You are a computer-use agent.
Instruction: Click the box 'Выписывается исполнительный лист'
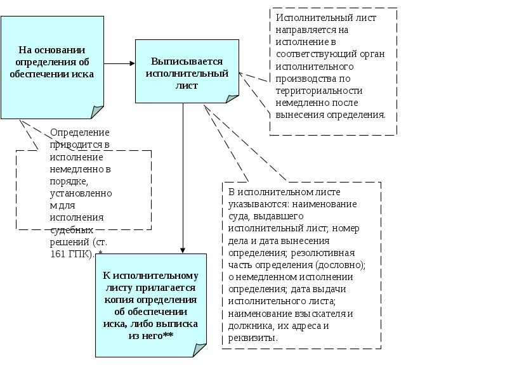click(187, 71)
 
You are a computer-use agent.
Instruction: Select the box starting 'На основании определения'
click(52, 67)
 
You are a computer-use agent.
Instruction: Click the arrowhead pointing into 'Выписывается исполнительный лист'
click(131, 63)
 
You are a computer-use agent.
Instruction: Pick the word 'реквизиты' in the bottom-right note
click(252, 338)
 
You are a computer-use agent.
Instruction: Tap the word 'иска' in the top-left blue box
click(82, 74)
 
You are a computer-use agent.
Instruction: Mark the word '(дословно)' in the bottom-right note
click(343, 264)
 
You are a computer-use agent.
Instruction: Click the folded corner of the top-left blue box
click(97, 112)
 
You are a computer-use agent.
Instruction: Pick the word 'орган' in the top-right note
click(372, 54)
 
